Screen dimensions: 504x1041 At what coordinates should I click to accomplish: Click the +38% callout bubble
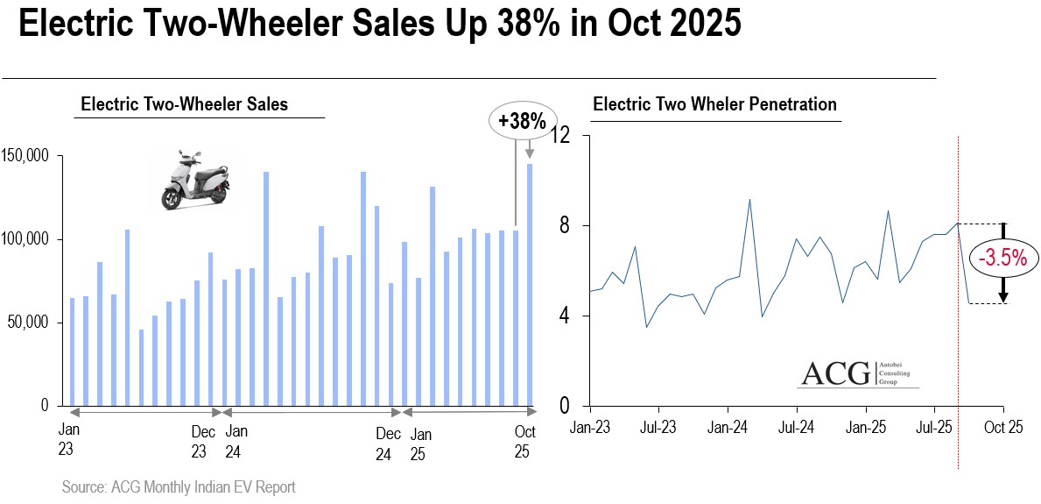tap(521, 122)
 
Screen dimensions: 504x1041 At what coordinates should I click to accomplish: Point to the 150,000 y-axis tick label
tap(31, 156)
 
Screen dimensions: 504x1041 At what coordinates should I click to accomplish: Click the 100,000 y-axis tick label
tap(31, 239)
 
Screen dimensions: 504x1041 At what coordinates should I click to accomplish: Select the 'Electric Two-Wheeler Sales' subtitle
tap(184, 104)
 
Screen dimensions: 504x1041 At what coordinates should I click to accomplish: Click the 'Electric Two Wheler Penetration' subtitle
tap(714, 104)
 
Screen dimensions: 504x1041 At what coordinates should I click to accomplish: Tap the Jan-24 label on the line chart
tap(727, 429)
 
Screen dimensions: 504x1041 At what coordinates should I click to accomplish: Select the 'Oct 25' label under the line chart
tap(1003, 429)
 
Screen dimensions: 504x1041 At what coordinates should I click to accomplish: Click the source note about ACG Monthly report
tap(179, 487)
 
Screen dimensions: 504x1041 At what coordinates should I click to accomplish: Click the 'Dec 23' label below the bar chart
tap(203, 442)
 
